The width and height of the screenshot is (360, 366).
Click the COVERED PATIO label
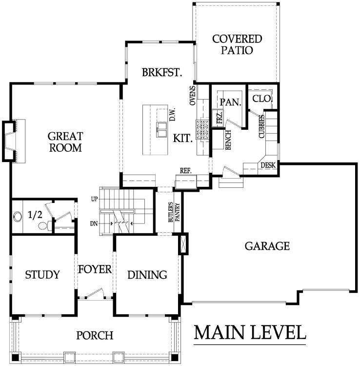coord(237,44)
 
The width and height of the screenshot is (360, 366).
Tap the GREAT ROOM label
coord(65,142)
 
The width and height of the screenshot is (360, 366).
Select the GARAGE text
coord(267,246)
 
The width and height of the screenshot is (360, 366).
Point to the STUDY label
coord(42,275)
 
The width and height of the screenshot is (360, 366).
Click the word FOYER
coord(95,269)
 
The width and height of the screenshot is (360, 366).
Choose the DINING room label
coord(147,275)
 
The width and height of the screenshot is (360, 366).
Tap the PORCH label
coord(95,336)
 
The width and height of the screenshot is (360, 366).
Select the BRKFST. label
coord(162,73)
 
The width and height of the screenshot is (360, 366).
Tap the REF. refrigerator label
coord(185,171)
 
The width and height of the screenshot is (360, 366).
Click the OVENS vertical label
coord(193,96)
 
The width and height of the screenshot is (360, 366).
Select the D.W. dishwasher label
coord(172,115)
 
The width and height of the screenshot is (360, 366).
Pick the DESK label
coord(268,165)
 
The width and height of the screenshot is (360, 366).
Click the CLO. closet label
coord(262,98)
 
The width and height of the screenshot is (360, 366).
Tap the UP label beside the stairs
coord(94,199)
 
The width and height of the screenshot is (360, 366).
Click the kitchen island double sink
coord(161,129)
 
